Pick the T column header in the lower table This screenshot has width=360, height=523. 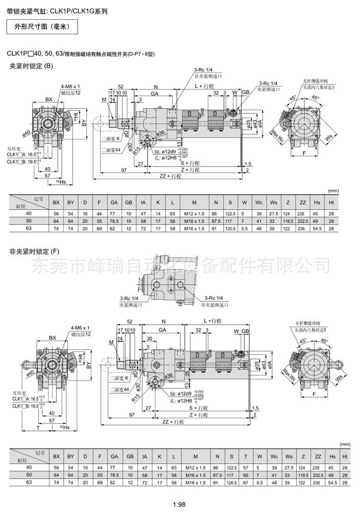pyautogui.click(x=246, y=457)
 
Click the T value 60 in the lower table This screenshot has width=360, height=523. pyautogui.click(x=246, y=474)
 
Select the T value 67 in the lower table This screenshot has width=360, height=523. pyautogui.click(x=246, y=482)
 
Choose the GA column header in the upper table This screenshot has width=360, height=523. pyautogui.click(x=114, y=202)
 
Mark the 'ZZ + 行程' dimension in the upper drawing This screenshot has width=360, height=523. pyautogui.click(x=171, y=176)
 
